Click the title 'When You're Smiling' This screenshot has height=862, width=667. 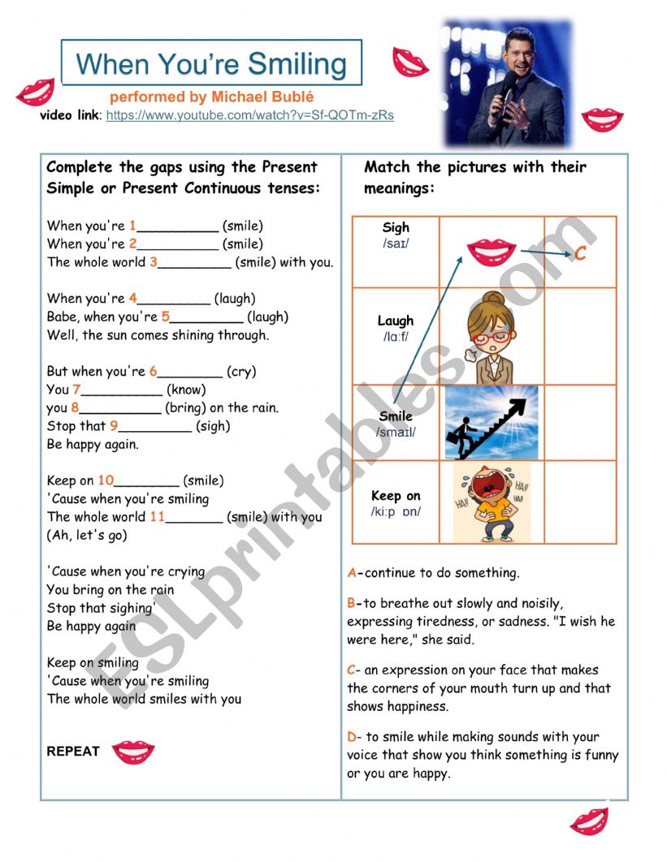[211, 63]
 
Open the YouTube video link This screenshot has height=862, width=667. [249, 115]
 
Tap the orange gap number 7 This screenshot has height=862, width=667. [76, 390]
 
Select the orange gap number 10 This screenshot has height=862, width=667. [106, 481]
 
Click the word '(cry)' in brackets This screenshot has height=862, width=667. [241, 372]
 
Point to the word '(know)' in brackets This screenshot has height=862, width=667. [186, 390]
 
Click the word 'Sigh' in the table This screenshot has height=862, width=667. [396, 228]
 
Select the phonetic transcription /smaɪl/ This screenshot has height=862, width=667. [396, 433]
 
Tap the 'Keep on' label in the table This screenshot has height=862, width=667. [396, 496]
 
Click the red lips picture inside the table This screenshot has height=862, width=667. [491, 252]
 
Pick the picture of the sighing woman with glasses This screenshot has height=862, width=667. [491, 337]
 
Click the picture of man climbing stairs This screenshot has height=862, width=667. [491, 422]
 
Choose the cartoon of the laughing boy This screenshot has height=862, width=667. [491, 502]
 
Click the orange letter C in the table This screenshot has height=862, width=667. [580, 254]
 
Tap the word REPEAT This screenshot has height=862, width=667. [73, 752]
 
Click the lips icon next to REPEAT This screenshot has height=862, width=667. [132, 752]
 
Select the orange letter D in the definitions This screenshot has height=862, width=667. [352, 737]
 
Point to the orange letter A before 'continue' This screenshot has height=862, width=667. [352, 573]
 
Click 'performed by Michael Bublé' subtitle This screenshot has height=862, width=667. [212, 97]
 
